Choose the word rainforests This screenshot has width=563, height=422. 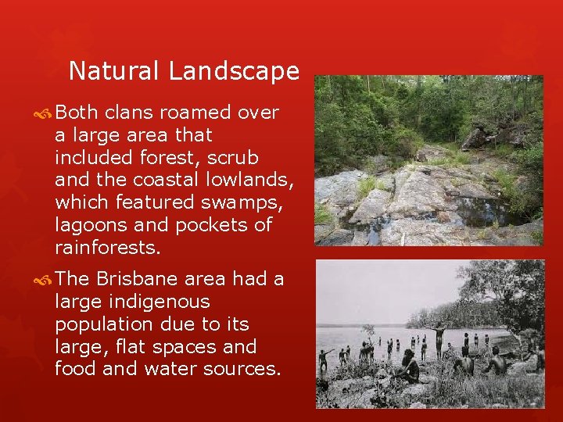point(107,248)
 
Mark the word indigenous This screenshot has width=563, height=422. point(156,302)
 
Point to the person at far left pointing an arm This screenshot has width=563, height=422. point(324,359)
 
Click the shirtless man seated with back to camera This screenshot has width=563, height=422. point(497,362)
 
